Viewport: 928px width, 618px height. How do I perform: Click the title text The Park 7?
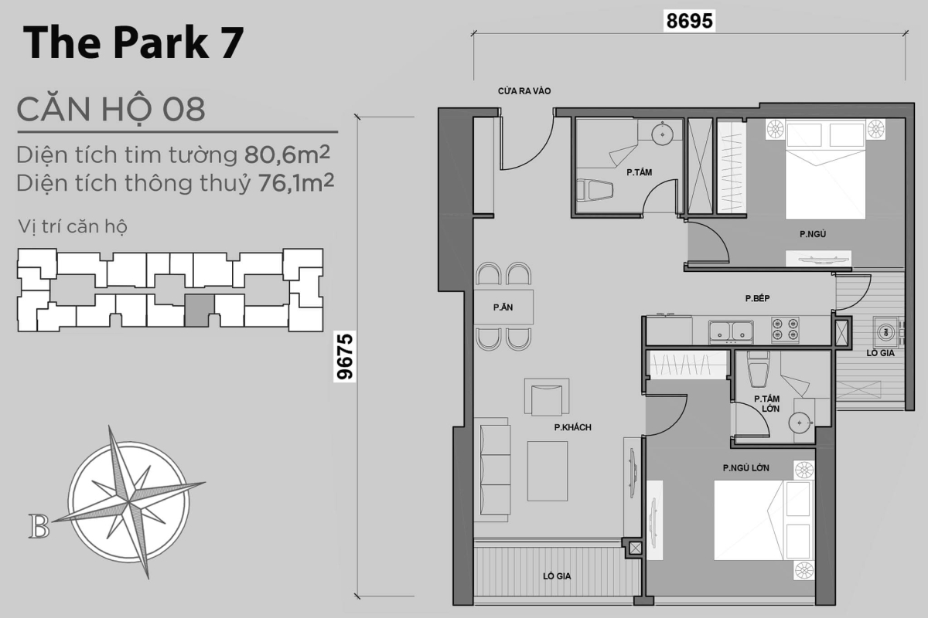tap(133, 44)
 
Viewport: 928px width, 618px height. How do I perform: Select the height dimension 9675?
tap(345, 356)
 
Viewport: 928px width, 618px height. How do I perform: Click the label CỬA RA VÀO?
tap(524, 92)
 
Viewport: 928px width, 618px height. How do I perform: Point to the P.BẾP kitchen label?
tap(756, 298)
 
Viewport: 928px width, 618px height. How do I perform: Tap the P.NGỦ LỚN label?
tap(745, 467)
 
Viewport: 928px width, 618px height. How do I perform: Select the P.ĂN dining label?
tap(504, 307)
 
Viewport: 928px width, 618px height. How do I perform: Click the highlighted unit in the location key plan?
tap(198, 311)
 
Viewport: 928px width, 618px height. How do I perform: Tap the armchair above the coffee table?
tap(547, 399)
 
